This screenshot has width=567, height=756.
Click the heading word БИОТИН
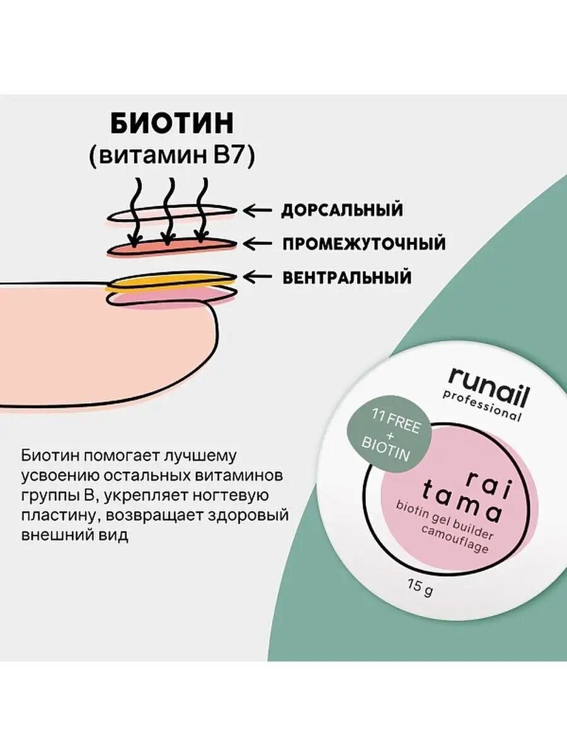click(171, 124)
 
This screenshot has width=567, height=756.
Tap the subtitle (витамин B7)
click(171, 156)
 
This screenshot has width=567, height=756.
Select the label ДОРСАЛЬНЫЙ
click(341, 210)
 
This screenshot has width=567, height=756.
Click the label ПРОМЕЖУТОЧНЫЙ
click(364, 243)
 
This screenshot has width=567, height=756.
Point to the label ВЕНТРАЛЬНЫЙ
click(346, 277)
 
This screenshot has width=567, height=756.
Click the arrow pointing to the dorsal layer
click(258, 210)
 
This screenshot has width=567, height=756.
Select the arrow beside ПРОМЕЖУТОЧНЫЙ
click(258, 243)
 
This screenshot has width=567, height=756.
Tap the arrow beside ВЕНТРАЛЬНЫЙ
click(258, 276)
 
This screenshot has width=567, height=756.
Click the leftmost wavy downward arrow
click(135, 211)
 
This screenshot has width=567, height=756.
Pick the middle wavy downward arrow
click(168, 211)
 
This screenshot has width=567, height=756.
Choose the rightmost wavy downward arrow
click(201, 211)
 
